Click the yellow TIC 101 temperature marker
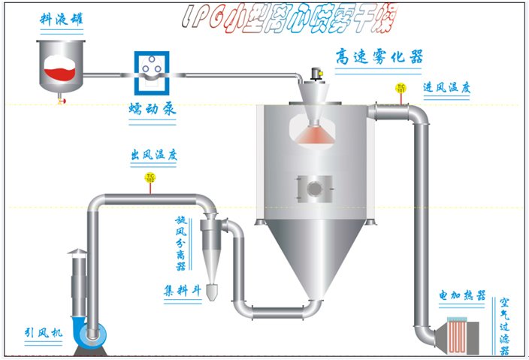401,88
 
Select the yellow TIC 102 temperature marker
150,178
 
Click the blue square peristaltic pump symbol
153,71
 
